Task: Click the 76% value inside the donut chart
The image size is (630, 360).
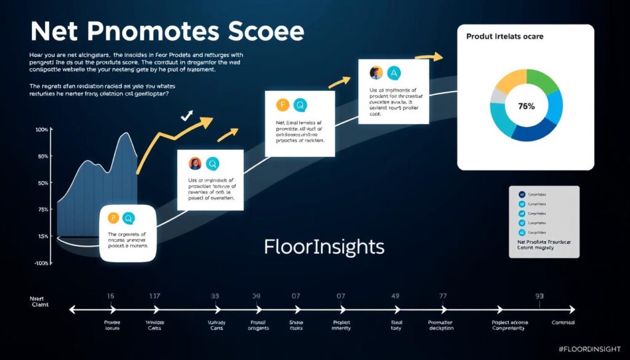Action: (526, 106)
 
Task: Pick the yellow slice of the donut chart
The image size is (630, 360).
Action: (508, 82)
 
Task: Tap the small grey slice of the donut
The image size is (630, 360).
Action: (498, 95)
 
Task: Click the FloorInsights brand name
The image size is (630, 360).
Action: (324, 247)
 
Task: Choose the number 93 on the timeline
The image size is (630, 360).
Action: (540, 296)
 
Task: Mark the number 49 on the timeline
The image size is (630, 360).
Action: (396, 296)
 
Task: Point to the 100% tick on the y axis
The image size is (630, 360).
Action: (42, 130)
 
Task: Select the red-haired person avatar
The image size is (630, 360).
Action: (195, 164)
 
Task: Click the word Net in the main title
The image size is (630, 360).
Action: (54, 32)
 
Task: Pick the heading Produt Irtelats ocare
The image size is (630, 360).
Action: (504, 37)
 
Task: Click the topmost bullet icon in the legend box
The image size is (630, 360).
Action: (522, 194)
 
